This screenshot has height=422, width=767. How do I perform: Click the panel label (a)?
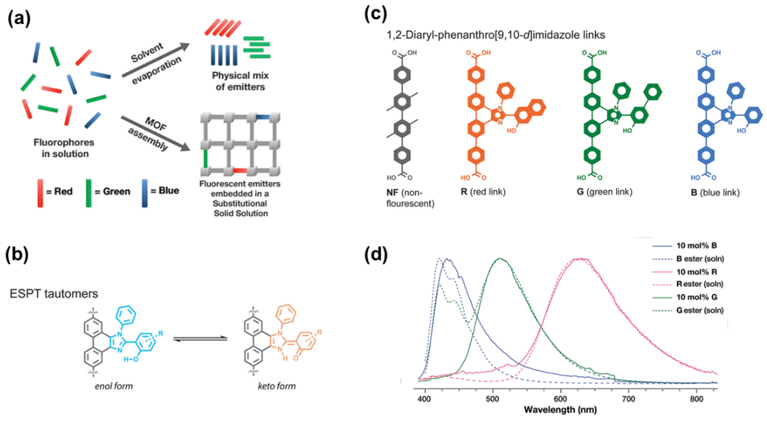pyautogui.click(x=19, y=18)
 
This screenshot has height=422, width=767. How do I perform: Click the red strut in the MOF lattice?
pyautogui.click(x=240, y=171)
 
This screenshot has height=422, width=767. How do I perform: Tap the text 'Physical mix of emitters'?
pyautogui.click(x=240, y=81)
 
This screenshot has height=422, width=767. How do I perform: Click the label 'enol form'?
pyautogui.click(x=114, y=386)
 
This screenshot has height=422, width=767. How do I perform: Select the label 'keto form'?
pyautogui.click(x=277, y=386)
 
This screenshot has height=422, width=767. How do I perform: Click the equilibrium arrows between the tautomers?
pyautogui.click(x=200, y=339)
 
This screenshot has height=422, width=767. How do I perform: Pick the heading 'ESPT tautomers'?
pyautogui.click(x=54, y=294)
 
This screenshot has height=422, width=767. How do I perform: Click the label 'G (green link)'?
pyautogui.click(x=604, y=192)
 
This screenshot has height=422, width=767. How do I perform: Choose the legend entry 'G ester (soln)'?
pyautogui.click(x=699, y=310)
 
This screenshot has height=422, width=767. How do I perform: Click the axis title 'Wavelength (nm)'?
pyautogui.click(x=560, y=410)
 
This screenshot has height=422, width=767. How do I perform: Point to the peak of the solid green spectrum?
pyautogui.click(x=500, y=258)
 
